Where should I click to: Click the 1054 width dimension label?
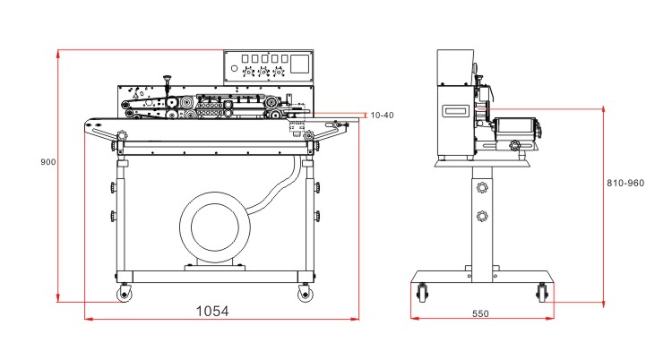(x=212, y=311)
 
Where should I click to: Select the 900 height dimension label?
(x=48, y=162)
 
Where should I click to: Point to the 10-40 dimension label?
(x=382, y=116)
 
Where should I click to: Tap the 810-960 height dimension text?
(x=625, y=183)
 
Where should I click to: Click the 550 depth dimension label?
(x=480, y=314)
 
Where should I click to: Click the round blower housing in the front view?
(x=216, y=228)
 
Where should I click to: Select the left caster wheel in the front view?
(x=123, y=293)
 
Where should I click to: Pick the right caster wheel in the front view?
(x=306, y=293)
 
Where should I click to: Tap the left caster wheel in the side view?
(x=422, y=292)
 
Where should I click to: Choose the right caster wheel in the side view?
(x=542, y=292)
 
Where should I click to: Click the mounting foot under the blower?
(x=215, y=265)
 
